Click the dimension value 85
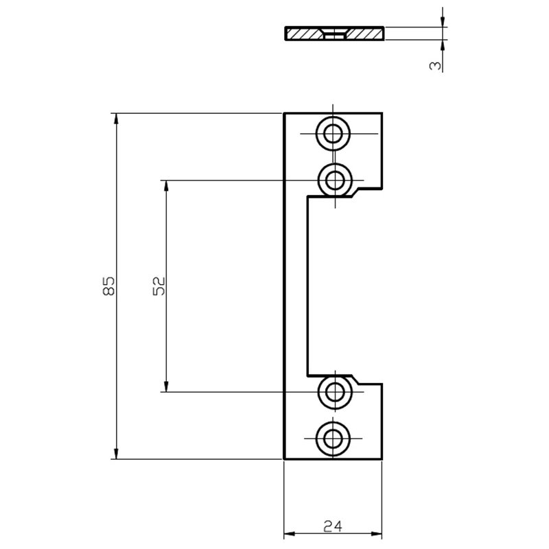pos(109,286)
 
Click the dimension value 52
pos(159,286)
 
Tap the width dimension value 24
pos(333,526)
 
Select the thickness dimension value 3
pos(435,65)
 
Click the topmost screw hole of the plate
pos(333,133)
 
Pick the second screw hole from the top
pos(335,180)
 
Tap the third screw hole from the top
pos(335,392)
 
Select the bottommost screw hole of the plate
pos(333,439)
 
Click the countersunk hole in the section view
pos(334,34)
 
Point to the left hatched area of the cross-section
pos(304,34)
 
